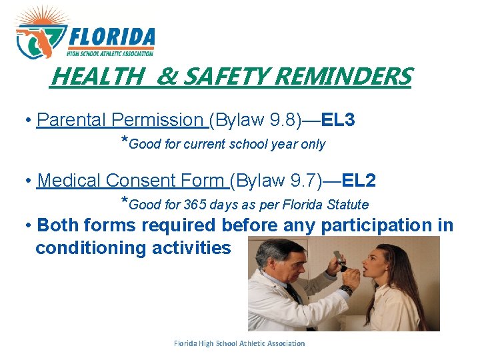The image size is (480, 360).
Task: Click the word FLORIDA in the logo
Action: pos(112,37)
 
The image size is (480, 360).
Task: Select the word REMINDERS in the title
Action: pos(343,77)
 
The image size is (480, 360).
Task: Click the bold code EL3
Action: pos(339,120)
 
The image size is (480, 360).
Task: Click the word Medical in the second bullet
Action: pos(70,180)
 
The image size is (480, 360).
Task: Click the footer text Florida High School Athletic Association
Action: pos(239,343)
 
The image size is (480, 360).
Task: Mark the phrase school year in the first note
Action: pos(269,144)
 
